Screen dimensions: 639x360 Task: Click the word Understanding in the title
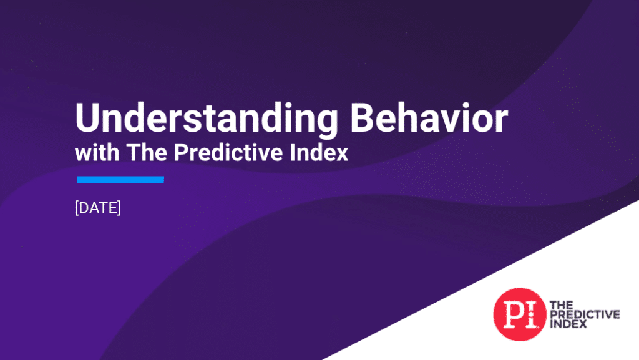207,119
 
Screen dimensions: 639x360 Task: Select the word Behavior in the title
429,118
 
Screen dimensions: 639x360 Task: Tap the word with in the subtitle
97,152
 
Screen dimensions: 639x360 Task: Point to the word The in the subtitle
147,152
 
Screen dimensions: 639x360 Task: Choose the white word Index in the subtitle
319,152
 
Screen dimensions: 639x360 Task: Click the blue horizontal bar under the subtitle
120,180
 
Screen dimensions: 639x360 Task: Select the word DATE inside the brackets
98,208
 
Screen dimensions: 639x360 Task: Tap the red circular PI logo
520,314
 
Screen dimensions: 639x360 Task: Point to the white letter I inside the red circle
530,314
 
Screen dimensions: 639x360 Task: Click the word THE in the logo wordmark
561,305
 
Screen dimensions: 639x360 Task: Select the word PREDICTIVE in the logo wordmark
585,314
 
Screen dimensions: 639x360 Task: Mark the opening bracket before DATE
77,208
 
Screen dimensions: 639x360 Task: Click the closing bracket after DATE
119,208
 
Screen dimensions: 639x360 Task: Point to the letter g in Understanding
324,122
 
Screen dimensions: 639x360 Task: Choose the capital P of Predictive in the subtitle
180,152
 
